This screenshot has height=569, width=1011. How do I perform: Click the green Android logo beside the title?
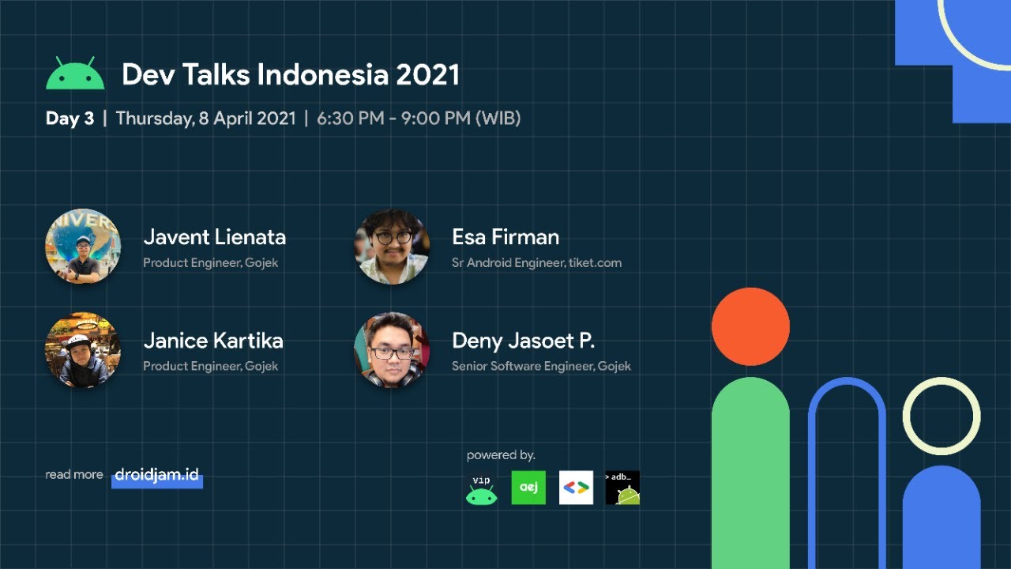(x=75, y=74)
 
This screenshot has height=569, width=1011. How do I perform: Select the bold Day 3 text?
(x=70, y=119)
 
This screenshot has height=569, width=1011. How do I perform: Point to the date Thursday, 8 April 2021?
(x=205, y=119)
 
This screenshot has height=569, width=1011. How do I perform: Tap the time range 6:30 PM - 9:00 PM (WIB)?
(x=419, y=119)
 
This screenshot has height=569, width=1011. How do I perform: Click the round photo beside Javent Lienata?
(x=83, y=246)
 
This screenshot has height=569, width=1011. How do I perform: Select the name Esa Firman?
(x=505, y=237)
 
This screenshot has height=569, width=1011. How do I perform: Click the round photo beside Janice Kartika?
(x=83, y=349)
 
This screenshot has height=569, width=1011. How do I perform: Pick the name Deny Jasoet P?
(x=523, y=341)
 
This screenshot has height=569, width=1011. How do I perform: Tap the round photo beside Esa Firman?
(x=392, y=246)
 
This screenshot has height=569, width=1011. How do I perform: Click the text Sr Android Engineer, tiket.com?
(x=536, y=262)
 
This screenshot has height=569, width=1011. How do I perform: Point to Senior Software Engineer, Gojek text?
(x=541, y=366)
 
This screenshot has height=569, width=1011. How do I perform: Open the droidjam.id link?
(x=156, y=475)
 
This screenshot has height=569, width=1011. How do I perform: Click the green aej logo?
(x=528, y=488)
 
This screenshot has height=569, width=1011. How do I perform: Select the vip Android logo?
(x=481, y=491)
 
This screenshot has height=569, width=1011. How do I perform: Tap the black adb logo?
(x=622, y=488)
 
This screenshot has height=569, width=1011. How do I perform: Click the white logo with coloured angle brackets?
(x=576, y=488)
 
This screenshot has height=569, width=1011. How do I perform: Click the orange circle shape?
(x=750, y=326)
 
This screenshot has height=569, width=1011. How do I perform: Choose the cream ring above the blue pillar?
(x=941, y=416)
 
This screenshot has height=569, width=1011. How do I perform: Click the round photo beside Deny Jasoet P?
(x=392, y=349)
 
